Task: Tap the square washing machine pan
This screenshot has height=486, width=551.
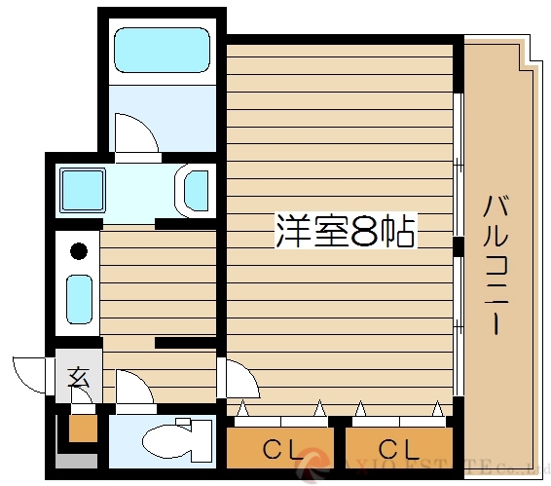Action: pos(82,189)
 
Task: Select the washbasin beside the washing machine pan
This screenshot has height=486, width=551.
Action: pos(196,189)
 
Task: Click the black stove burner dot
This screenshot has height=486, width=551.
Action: pos(79,250)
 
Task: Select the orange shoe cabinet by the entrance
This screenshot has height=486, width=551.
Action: pos(82,427)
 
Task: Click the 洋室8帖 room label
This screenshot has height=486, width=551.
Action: pos(347,232)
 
